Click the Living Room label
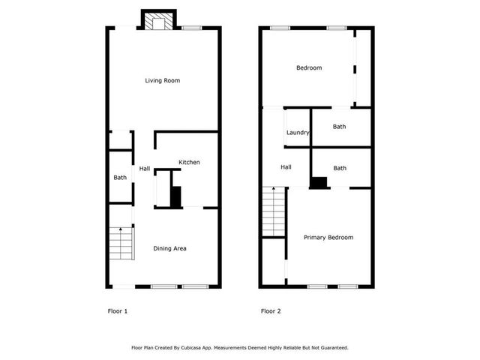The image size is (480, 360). (162, 81)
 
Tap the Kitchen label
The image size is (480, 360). (189, 163)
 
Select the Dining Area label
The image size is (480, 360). (169, 248)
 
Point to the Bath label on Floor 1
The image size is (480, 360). (120, 178)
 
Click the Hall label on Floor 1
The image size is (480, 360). (145, 169)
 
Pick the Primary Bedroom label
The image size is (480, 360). (328, 237)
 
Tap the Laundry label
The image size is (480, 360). (298, 133)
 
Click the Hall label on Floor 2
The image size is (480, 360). (286, 167)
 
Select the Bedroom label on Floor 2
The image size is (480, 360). (309, 68)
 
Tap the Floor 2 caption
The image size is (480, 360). (271, 310)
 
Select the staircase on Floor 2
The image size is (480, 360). (274, 213)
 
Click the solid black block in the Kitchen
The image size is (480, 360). (176, 197)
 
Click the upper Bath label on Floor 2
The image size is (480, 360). (340, 127)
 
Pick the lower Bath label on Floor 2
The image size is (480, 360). (340, 168)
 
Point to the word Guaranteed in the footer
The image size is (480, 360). (331, 348)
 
